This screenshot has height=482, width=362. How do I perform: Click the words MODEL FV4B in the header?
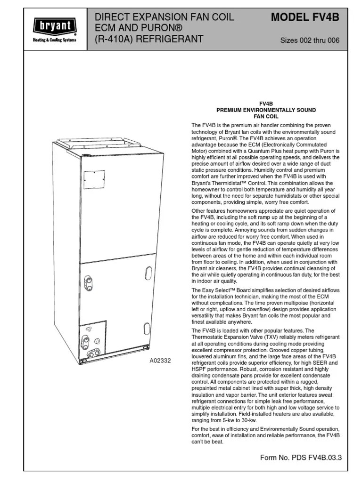point(304,18)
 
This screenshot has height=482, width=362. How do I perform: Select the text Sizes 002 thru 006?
point(310,40)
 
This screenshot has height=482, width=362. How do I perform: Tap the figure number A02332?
point(160,361)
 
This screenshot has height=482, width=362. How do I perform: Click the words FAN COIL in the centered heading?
point(266,116)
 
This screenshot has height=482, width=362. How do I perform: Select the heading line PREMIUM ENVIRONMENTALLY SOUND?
point(266,110)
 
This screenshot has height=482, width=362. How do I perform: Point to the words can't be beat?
point(206,442)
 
